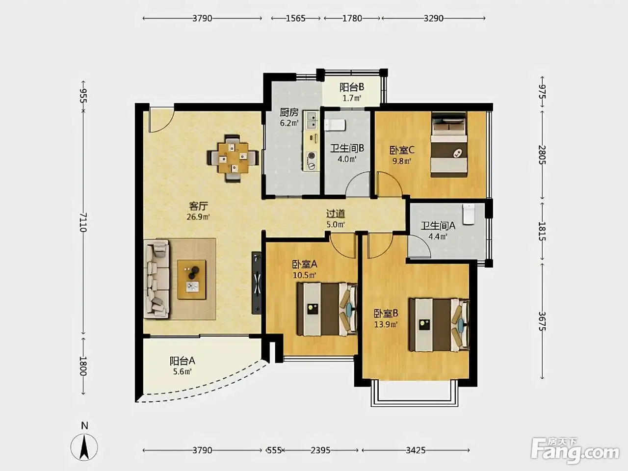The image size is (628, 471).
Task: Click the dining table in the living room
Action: [x=233, y=158]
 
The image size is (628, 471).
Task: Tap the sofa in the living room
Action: [x=157, y=279]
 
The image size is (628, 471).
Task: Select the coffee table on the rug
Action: [x=191, y=279]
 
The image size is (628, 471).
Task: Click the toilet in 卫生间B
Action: [x=335, y=125]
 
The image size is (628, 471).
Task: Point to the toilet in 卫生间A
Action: [x=469, y=214]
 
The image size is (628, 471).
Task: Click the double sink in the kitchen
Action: [x=311, y=120]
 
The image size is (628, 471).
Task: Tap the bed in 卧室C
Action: [x=449, y=144]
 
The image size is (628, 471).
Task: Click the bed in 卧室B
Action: [x=439, y=325]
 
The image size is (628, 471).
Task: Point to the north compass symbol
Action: [x=84, y=447]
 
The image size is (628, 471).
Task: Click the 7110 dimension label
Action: [x=83, y=222]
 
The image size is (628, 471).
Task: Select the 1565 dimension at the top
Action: [x=295, y=18]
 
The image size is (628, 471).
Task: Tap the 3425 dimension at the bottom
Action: [x=416, y=450]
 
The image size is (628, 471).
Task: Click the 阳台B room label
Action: [x=352, y=87]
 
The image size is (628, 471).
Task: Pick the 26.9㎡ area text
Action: [x=198, y=217]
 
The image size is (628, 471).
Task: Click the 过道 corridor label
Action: [x=336, y=213]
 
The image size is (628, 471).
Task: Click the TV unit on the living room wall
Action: [x=256, y=283]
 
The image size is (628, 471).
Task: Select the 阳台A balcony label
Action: [x=182, y=361]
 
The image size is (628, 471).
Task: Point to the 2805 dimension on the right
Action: [x=542, y=155]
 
